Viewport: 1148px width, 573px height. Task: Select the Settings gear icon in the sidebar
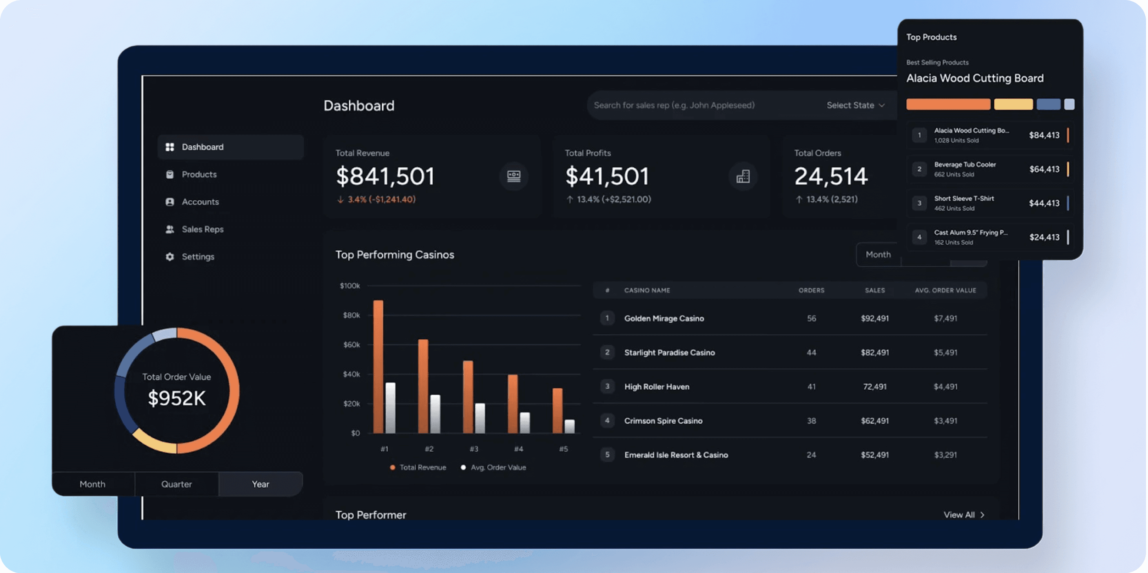click(x=170, y=256)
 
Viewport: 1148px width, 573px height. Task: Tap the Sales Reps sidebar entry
click(x=202, y=229)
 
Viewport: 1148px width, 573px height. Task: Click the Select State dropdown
click(x=855, y=105)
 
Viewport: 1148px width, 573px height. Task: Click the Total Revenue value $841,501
click(x=384, y=176)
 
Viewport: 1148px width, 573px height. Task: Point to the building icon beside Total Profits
click(x=742, y=177)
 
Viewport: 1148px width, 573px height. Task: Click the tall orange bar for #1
click(x=378, y=366)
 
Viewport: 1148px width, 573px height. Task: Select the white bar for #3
click(x=480, y=418)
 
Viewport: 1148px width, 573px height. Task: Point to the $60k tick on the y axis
click(x=351, y=344)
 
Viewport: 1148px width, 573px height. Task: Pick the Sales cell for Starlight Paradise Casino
click(x=875, y=352)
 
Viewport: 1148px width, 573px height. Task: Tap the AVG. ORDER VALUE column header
click(x=945, y=290)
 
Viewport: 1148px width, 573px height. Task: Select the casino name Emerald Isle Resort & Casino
click(x=676, y=455)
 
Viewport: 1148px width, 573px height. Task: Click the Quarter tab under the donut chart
click(x=177, y=484)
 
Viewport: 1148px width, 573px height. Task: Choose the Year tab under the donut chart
click(x=260, y=484)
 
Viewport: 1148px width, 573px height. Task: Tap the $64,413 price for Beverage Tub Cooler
click(x=1044, y=169)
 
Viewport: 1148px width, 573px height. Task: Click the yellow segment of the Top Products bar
click(x=1013, y=104)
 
